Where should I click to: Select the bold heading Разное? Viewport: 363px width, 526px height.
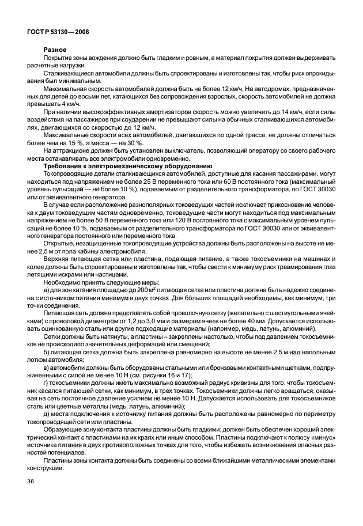point(55,51)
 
